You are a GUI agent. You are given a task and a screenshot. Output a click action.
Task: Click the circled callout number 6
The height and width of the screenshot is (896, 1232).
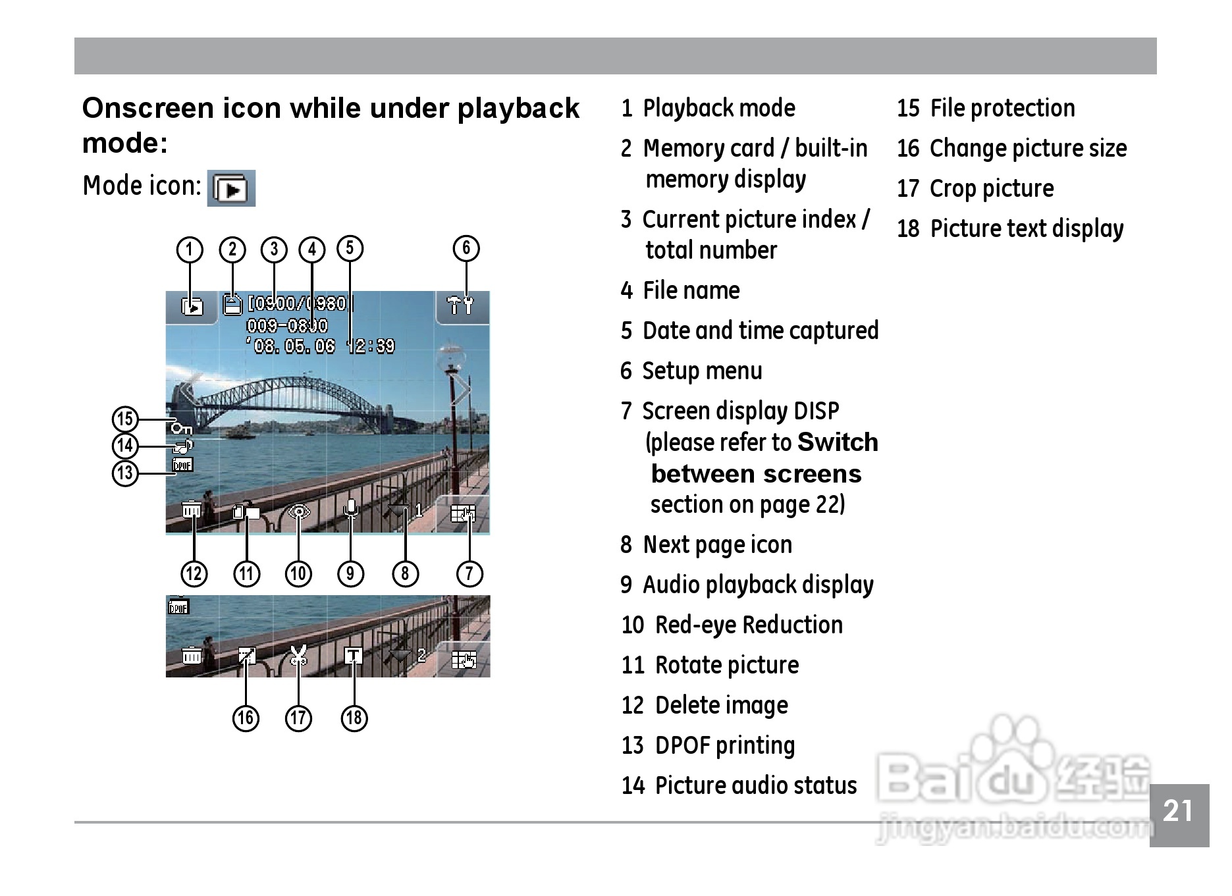click(x=466, y=248)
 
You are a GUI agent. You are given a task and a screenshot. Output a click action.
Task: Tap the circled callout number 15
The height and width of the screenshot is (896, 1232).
click(x=125, y=419)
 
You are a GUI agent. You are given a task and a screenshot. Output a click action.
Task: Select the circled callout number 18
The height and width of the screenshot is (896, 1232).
click(x=354, y=718)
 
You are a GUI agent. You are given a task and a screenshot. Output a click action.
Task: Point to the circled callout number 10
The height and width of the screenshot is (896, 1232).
click(x=298, y=573)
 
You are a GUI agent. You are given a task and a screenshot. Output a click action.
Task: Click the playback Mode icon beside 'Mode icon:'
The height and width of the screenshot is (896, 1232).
click(x=231, y=189)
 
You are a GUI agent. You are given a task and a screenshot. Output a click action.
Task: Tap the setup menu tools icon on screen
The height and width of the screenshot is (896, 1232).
click(x=460, y=305)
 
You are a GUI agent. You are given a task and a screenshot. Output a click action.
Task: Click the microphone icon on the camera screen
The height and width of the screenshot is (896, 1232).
click(x=352, y=510)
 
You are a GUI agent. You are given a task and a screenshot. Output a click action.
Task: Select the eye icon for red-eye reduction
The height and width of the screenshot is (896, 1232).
click(x=299, y=512)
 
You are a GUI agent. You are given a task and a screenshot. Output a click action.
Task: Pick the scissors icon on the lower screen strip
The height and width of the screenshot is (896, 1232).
click(x=299, y=655)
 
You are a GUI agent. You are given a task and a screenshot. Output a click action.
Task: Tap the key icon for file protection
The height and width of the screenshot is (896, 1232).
click(x=181, y=429)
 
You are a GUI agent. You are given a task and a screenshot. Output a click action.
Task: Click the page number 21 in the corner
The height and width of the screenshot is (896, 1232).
click(x=1178, y=812)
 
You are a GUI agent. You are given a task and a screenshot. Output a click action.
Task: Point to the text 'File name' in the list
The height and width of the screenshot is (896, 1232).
click(x=691, y=290)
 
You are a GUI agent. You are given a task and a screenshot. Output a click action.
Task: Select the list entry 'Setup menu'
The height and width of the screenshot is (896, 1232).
click(x=702, y=371)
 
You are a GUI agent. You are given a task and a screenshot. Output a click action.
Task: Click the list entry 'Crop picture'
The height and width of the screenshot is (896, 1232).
click(x=991, y=189)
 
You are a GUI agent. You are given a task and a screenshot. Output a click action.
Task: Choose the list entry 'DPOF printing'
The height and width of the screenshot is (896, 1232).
click(x=725, y=745)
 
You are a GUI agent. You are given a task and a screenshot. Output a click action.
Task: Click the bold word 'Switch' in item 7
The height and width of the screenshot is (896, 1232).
click(x=837, y=442)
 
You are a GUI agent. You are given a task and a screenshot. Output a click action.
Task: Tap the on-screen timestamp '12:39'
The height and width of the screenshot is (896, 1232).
click(x=371, y=346)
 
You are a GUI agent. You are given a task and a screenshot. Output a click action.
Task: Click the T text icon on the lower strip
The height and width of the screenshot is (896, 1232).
click(x=354, y=655)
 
